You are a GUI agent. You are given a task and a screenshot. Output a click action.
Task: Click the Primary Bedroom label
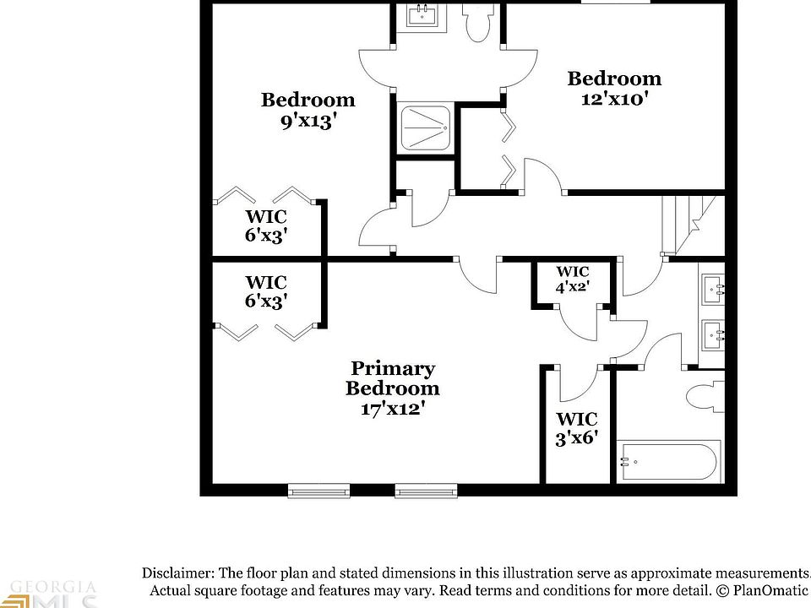[x=392, y=378]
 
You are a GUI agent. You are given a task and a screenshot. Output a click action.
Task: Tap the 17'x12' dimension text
[x=392, y=409]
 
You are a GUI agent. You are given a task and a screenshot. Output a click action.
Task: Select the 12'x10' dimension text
[x=614, y=98]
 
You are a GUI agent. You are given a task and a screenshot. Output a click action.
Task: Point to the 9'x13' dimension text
[x=308, y=120]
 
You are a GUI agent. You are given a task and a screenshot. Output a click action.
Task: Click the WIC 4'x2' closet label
[x=572, y=280]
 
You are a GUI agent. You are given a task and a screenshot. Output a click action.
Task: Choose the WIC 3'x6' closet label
[x=577, y=428]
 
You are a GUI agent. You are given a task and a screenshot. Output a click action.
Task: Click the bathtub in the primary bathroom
[x=667, y=462]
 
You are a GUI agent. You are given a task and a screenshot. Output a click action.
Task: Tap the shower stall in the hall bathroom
[x=424, y=129]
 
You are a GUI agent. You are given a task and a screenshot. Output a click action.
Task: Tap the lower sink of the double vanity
[x=713, y=335]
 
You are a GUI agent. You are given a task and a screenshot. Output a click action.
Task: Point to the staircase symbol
[x=693, y=223]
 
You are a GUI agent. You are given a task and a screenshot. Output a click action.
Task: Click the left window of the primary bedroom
[x=318, y=490]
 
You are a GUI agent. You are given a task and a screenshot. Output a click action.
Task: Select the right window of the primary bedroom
[x=426, y=490]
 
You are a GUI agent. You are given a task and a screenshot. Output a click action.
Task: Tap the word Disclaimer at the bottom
[x=176, y=572]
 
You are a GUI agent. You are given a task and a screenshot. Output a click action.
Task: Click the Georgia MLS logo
[x=51, y=594]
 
